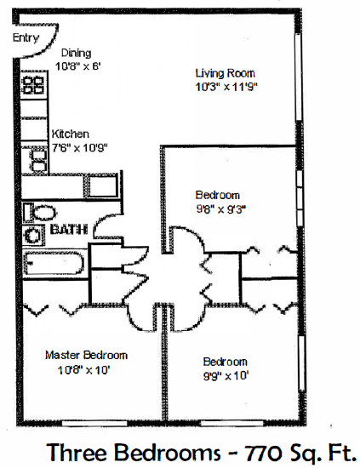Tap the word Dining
pos(76,53)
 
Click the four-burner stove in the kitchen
pos(33,85)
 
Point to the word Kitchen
pos(71,134)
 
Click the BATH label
pos(67,230)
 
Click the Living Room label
pos(226,73)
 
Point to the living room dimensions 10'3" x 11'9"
pos(226,86)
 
